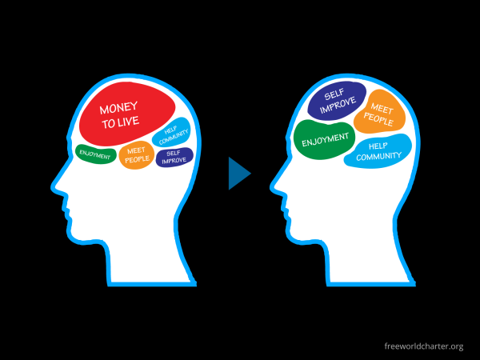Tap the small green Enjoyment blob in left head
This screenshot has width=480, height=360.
[95, 153]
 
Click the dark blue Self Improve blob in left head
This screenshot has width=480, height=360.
[174, 157]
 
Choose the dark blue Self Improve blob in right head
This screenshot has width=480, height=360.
[337, 102]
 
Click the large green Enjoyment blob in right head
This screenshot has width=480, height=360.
[324, 141]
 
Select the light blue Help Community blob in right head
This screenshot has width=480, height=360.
[378, 151]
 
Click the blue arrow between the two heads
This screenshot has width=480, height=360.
[238, 173]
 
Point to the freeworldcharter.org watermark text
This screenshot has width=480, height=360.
[423, 346]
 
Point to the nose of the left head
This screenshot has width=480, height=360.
[51, 190]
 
